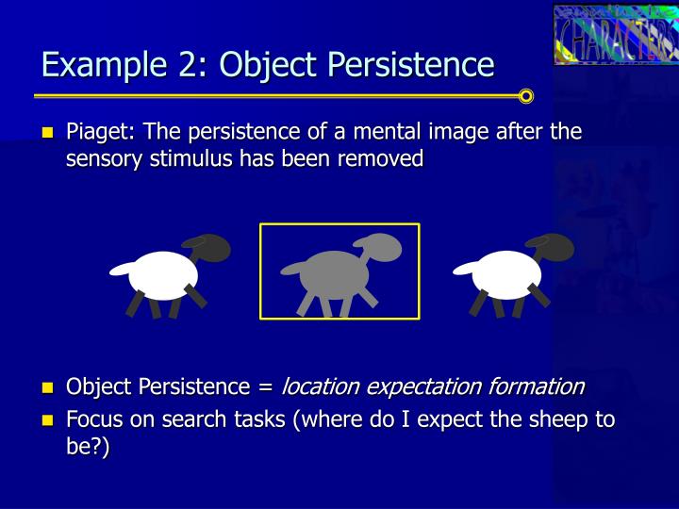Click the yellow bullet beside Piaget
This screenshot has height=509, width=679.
(x=49, y=133)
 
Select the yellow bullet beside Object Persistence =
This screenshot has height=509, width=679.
(x=49, y=387)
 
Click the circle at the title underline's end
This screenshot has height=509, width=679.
(x=526, y=96)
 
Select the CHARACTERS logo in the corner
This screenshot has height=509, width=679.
(x=615, y=35)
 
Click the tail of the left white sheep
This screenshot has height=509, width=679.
(x=119, y=269)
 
